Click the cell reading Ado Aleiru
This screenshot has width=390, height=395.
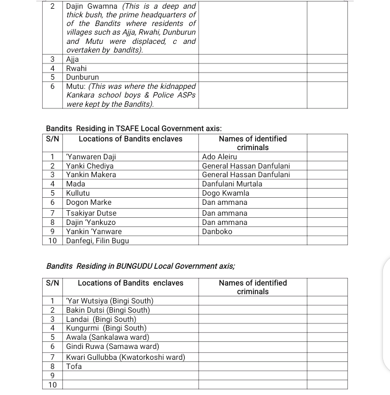(219, 157)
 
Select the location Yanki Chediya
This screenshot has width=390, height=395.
(90, 166)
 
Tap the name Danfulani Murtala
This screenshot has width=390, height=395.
(232, 184)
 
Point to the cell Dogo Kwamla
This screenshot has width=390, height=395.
(225, 193)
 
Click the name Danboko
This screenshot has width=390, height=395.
(217, 231)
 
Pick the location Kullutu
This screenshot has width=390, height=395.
(78, 193)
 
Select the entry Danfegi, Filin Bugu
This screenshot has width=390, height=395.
(97, 241)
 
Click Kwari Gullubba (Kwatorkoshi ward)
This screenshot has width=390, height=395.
(126, 357)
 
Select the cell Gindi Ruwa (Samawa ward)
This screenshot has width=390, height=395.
(113, 346)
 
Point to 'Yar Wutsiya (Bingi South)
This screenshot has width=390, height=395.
(110, 301)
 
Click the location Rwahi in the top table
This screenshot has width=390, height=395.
(76, 68)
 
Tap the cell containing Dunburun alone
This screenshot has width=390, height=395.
(82, 77)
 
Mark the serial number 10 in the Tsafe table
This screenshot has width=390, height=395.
(53, 241)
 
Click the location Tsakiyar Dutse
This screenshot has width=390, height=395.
(91, 213)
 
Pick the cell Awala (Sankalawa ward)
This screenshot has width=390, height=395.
(108, 337)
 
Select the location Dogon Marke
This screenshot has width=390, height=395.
(89, 202)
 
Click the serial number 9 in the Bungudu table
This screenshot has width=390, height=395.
(53, 375)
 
